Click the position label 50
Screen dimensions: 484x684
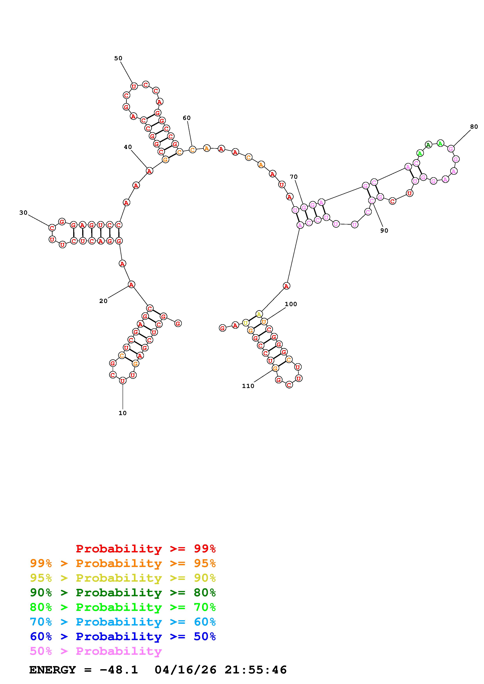pos(118,58)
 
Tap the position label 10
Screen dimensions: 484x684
pos(123,413)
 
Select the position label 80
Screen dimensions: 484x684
pos(474,127)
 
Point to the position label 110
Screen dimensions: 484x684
pos(248,386)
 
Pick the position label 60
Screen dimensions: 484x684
pos(187,118)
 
